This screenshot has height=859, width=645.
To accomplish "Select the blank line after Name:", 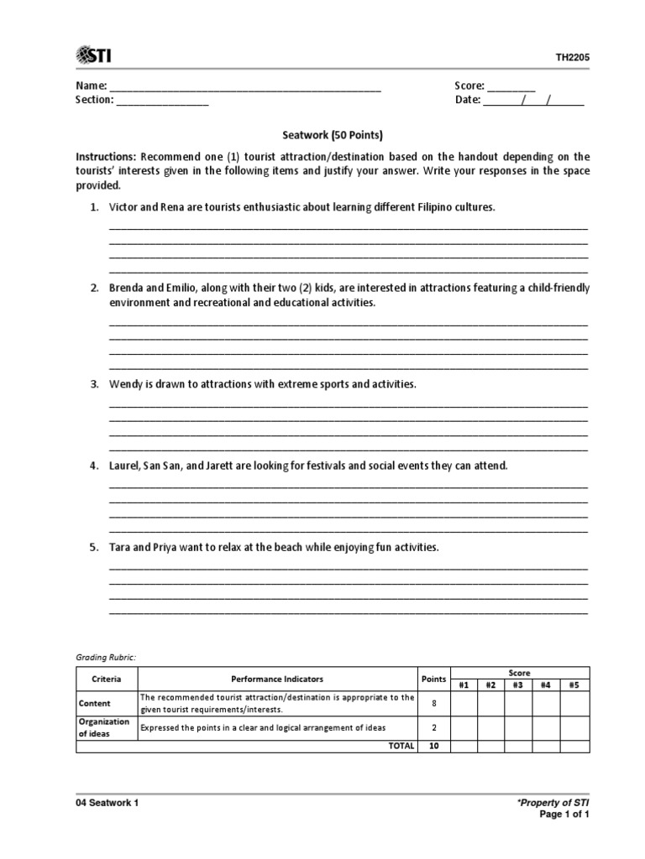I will (245, 87).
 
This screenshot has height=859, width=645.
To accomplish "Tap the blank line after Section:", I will (162, 102).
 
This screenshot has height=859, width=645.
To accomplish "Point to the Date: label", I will (468, 100).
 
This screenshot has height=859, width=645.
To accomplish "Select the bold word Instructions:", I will (106, 157).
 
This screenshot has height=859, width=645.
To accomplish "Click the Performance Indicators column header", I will (277, 679).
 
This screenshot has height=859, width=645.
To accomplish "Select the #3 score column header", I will (517, 685).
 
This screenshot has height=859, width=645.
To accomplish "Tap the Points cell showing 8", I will (433, 703).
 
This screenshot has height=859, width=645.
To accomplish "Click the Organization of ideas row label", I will (104, 727).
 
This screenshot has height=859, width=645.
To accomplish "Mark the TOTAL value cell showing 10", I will (433, 746).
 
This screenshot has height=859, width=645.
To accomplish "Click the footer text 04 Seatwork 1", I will (107, 802).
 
